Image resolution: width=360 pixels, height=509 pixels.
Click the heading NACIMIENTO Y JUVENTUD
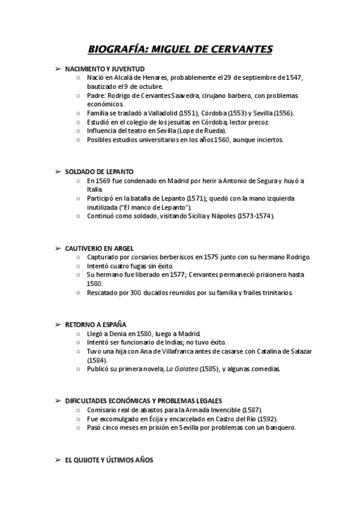click(x=104, y=70)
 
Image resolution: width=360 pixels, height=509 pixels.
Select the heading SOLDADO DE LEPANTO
click(x=99, y=172)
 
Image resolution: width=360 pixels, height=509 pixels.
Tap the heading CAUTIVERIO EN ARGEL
click(x=100, y=248)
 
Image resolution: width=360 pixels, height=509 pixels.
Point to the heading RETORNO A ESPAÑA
click(x=96, y=325)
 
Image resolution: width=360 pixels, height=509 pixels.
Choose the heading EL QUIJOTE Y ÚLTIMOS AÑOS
click(x=109, y=460)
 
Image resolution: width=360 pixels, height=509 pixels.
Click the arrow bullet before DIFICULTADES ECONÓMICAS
click(x=58, y=401)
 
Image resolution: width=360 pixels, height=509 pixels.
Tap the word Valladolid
click(x=159, y=113)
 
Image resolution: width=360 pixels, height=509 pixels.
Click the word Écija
click(x=161, y=419)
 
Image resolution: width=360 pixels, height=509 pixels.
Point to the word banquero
click(x=279, y=427)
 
